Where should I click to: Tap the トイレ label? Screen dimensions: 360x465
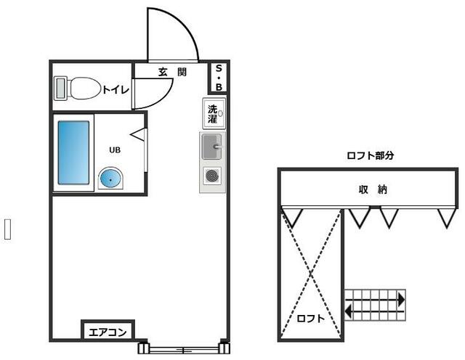116,90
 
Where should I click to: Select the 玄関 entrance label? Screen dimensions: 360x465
173,72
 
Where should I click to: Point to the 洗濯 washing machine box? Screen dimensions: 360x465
214,112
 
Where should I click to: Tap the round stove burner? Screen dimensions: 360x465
212,175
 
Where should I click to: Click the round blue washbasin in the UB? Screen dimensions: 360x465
111,178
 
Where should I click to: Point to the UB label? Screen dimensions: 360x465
115,150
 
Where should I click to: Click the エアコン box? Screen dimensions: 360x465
108,332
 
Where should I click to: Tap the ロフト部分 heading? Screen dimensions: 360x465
371,155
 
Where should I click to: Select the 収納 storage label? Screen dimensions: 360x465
372,189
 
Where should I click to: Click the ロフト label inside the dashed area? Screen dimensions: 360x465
310,319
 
